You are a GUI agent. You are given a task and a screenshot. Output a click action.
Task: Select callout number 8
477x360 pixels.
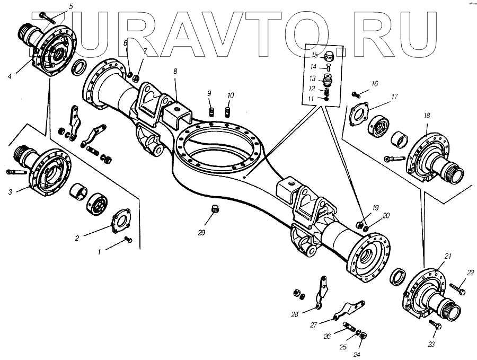[175, 71]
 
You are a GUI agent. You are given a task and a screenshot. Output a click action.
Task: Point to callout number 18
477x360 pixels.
[427, 116]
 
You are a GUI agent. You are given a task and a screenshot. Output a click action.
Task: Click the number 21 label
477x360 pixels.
[448, 256]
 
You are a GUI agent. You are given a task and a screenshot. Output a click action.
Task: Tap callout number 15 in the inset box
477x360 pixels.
[314, 55]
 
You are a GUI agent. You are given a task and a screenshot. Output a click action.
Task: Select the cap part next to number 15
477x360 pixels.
[329, 55]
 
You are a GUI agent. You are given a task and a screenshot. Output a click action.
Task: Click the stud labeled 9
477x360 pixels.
[211, 112]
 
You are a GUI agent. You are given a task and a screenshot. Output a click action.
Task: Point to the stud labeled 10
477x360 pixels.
[229, 112]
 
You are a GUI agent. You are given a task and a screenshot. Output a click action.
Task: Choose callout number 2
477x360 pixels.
[77, 238]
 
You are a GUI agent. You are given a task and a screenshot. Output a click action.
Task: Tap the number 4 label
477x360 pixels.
[10, 76]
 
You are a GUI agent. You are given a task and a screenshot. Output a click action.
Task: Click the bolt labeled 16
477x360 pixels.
[358, 95]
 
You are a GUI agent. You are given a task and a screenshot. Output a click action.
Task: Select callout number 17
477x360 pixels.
[394, 96]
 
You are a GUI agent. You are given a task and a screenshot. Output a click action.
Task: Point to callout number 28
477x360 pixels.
[295, 314]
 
